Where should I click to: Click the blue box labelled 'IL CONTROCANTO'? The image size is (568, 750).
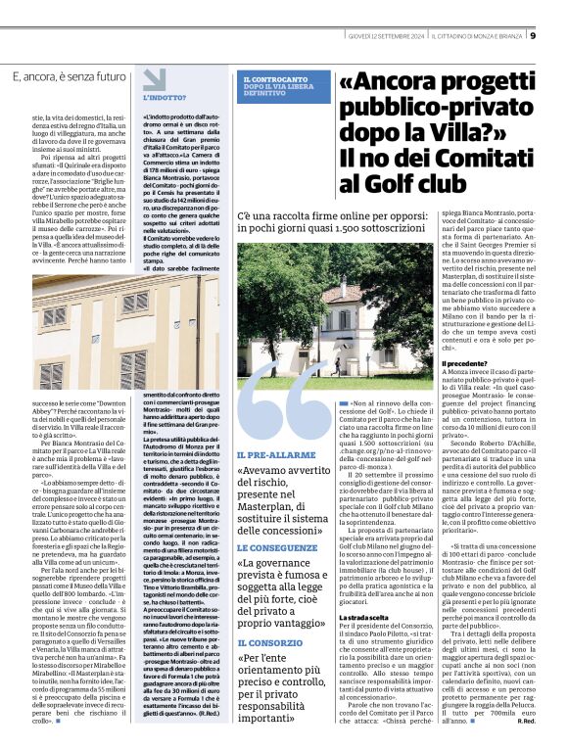[277, 84]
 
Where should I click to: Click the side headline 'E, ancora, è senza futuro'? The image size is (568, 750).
[69, 77]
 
